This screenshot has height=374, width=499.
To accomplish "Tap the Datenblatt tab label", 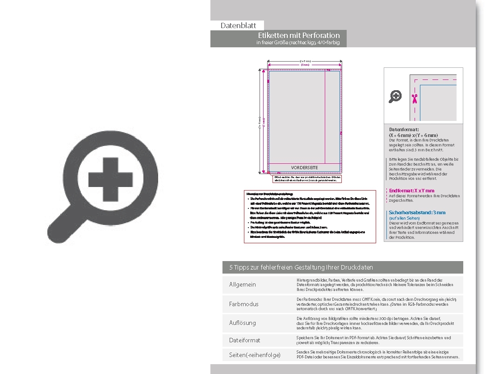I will (238, 26).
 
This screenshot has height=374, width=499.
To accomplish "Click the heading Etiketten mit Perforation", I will (299, 35).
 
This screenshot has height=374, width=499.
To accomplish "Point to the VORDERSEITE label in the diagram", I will (304, 167).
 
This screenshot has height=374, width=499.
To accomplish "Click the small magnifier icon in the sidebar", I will (395, 96).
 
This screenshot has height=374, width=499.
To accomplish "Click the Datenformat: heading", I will (404, 129).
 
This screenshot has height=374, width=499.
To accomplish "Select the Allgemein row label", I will (243, 285).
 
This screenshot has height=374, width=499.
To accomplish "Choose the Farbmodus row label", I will (243, 304).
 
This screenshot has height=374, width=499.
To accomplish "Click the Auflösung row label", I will (243, 323).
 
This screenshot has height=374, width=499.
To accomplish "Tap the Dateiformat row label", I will (244, 340).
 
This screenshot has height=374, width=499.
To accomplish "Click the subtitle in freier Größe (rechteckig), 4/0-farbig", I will (298, 43).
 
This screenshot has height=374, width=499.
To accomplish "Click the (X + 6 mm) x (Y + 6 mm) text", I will (413, 135).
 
